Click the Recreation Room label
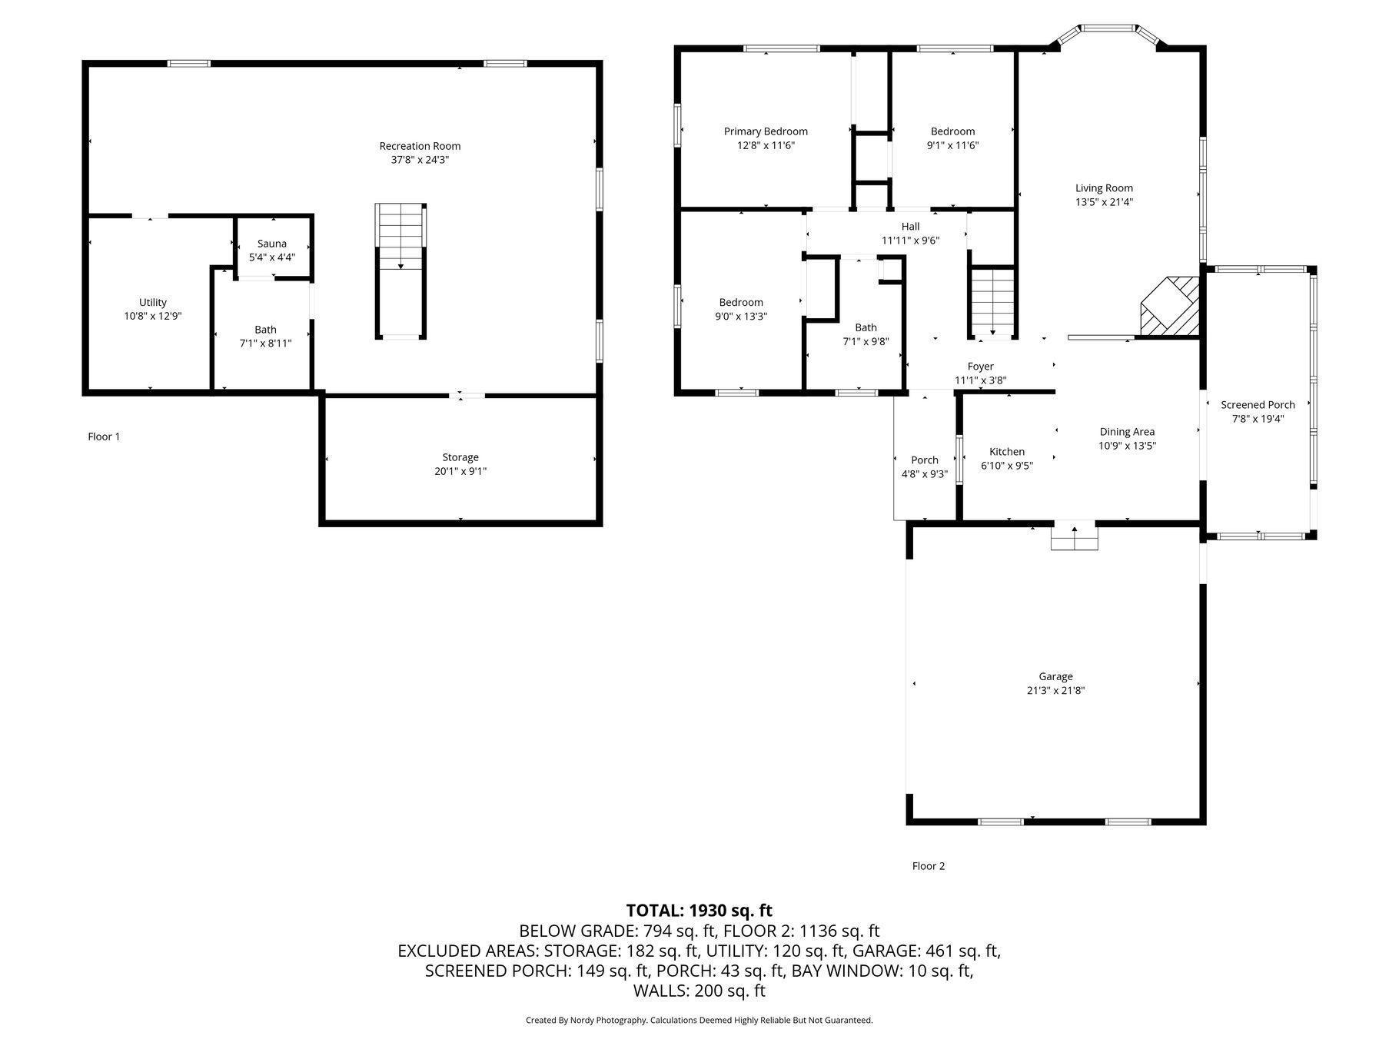click(420, 146)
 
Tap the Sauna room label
click(271, 244)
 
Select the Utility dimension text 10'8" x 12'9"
click(152, 316)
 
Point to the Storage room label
click(460, 457)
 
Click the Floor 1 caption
click(104, 437)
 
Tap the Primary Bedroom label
click(765, 131)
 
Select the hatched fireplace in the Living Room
click(1170, 307)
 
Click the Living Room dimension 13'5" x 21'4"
click(1104, 202)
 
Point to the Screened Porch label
click(1258, 405)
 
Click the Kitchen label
click(1006, 452)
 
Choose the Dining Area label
click(1127, 432)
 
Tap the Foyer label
click(980, 367)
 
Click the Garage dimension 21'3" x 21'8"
click(1055, 690)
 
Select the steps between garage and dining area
click(1074, 537)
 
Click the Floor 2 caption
click(928, 866)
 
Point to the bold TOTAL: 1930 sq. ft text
click(699, 911)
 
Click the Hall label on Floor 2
click(910, 227)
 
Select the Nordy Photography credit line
click(699, 1021)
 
